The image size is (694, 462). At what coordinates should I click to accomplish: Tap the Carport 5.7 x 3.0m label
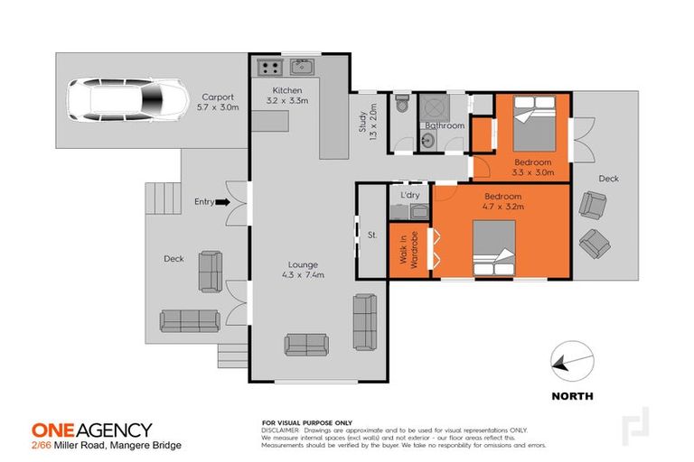(x=218, y=102)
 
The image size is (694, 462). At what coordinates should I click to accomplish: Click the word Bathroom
(x=445, y=125)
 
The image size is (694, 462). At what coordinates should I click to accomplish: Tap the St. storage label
(x=371, y=237)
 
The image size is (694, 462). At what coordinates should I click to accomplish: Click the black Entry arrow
(x=221, y=202)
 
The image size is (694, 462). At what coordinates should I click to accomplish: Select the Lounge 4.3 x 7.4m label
(x=302, y=269)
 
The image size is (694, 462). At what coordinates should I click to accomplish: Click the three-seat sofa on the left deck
(x=190, y=319)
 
